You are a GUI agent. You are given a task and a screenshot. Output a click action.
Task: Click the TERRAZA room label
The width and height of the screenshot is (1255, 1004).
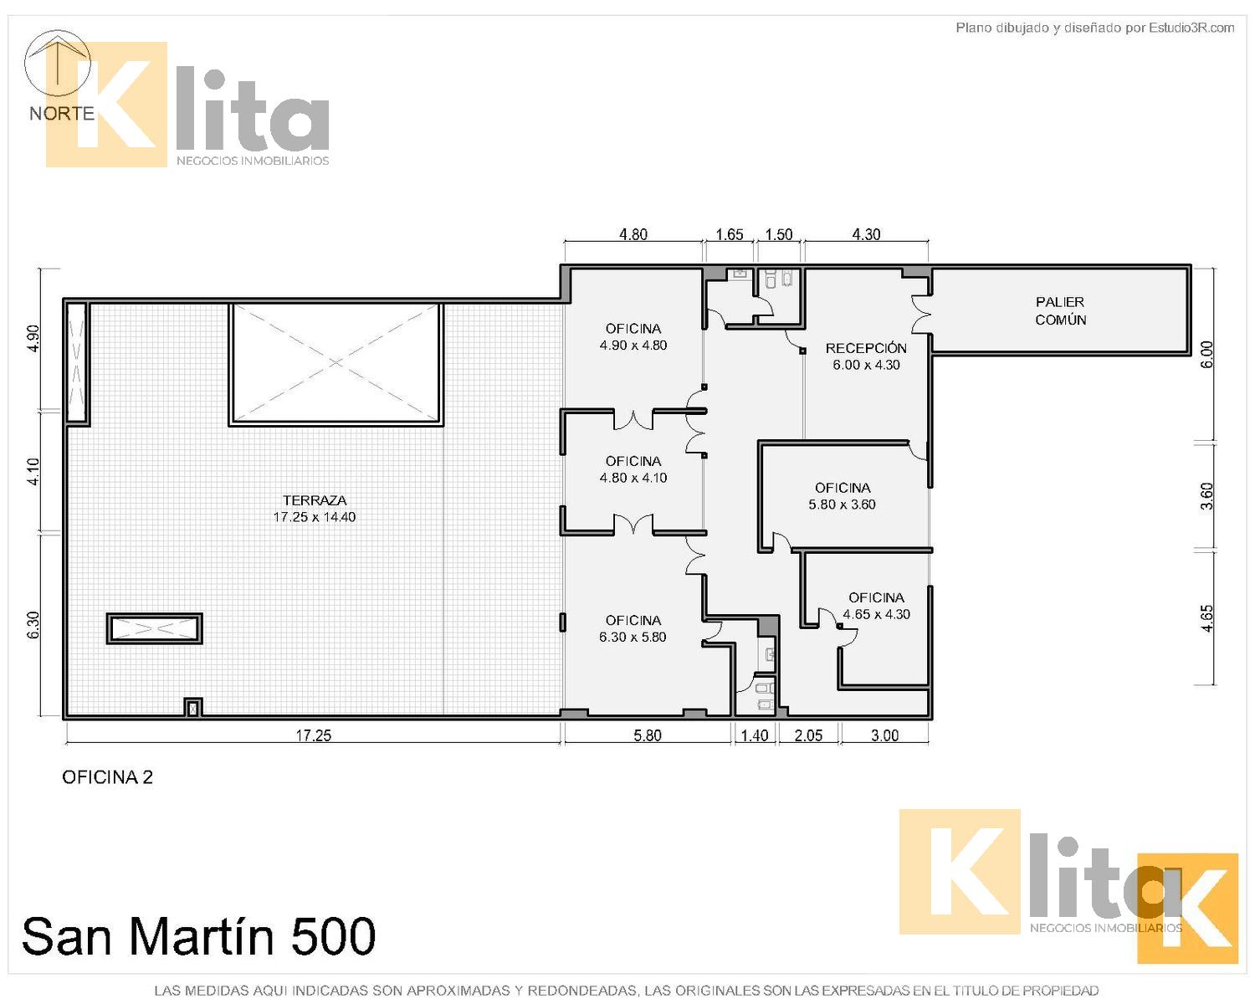tap(315, 500)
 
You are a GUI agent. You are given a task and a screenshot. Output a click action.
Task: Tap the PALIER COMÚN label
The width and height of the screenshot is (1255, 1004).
tap(1059, 311)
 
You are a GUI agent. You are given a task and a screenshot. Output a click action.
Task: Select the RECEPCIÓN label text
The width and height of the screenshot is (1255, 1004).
tap(865, 348)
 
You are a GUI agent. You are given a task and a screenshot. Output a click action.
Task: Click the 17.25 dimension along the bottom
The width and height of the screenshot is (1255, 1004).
tap(313, 735)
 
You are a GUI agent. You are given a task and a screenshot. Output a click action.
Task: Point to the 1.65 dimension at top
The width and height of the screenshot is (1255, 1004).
tap(729, 234)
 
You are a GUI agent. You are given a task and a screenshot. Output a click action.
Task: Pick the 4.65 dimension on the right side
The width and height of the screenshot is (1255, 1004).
tap(1206, 618)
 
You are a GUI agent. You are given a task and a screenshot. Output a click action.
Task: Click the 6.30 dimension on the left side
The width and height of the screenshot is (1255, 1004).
tap(33, 624)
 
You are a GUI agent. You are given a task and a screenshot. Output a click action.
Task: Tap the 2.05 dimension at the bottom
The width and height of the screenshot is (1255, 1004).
tap(807, 735)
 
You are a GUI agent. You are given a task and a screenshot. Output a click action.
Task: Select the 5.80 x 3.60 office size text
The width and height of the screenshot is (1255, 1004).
tap(842, 505)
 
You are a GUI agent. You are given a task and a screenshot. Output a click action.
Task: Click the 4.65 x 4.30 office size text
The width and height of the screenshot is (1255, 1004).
tap(876, 614)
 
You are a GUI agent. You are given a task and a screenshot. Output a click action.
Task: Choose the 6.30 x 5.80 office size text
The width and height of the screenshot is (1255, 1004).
tap(633, 637)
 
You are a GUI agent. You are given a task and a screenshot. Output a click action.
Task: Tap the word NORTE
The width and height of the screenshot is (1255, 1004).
tap(62, 113)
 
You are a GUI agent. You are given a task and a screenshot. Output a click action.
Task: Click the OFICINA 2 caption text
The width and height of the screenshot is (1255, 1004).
tap(107, 777)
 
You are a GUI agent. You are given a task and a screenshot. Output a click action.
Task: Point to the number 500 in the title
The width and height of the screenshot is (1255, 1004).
tap(333, 935)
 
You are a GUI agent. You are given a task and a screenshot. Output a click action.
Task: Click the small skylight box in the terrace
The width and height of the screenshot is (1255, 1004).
tap(155, 628)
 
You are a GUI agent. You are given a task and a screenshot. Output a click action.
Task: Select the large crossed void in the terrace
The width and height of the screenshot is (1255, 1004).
tap(336, 363)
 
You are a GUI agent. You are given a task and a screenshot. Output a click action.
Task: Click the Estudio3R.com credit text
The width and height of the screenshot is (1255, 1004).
tap(1191, 28)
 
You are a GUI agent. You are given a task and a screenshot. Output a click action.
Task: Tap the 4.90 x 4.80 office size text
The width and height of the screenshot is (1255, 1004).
tap(633, 346)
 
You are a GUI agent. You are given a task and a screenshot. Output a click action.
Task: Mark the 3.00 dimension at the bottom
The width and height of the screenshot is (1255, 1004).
tap(884, 735)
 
